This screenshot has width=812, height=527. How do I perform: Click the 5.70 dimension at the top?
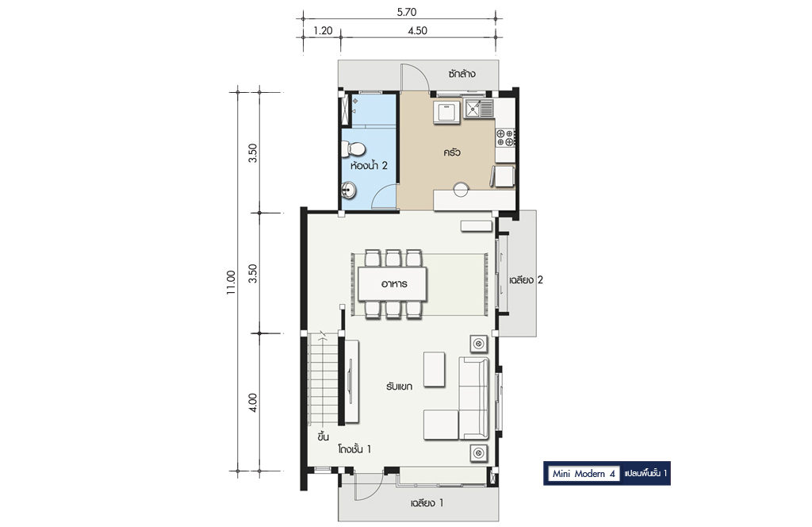[x=407, y=12]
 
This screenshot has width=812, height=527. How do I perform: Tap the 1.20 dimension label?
[x=323, y=31]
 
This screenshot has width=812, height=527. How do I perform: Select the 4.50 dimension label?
[x=417, y=31]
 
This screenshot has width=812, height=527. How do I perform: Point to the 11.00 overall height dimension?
[x=231, y=283]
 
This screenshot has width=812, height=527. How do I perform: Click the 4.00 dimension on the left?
[x=253, y=402]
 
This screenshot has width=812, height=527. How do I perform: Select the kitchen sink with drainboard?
[x=479, y=109]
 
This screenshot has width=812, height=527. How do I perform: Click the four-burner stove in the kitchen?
[x=505, y=137]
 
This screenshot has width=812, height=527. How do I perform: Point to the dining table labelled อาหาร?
[x=392, y=284]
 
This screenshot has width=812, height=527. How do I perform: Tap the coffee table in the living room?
[x=434, y=370]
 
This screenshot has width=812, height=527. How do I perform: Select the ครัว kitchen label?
[x=451, y=153]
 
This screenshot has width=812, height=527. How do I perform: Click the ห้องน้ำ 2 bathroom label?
[x=369, y=166]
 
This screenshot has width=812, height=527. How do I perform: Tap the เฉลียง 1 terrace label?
[x=427, y=502]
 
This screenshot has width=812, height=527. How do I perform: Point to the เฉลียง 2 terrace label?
[x=526, y=280]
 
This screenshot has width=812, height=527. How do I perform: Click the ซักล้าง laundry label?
[x=462, y=74]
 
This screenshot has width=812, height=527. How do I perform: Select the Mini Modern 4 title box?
[x=584, y=474]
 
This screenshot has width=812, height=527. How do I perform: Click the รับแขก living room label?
[x=399, y=387]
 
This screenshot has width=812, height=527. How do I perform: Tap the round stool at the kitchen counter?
[x=461, y=190]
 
